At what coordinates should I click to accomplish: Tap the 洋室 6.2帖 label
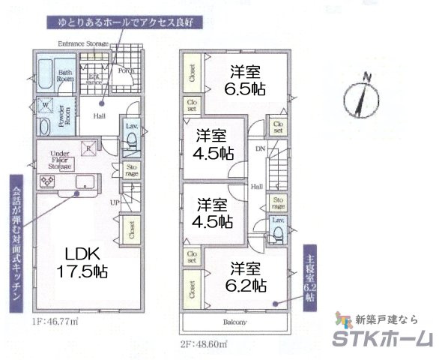246,276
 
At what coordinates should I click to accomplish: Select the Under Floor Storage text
60,160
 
